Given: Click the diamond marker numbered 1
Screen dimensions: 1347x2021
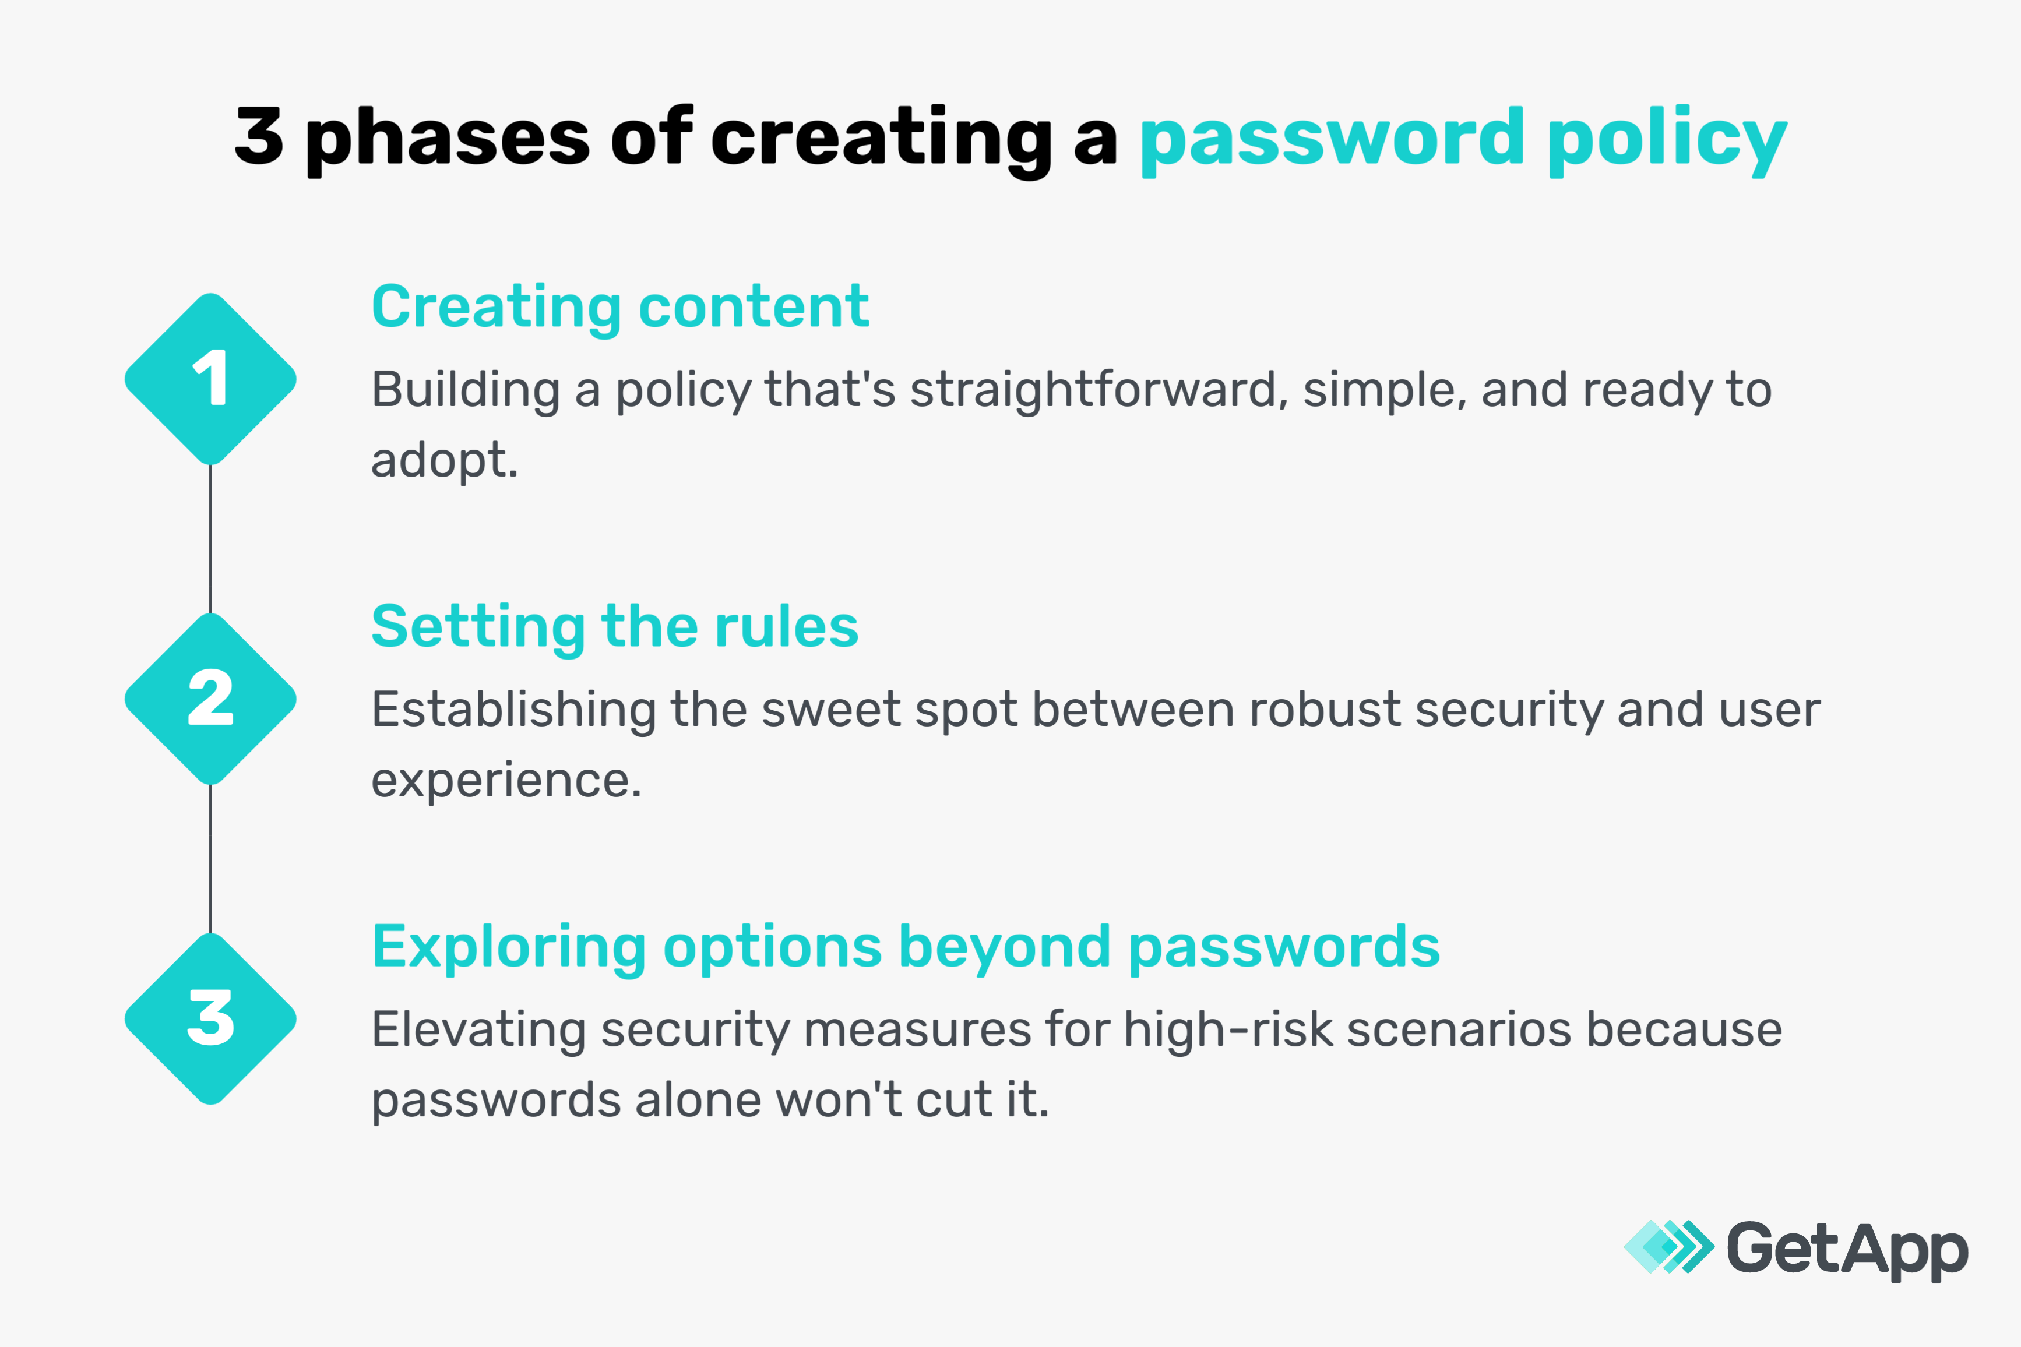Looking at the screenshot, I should coord(210,379).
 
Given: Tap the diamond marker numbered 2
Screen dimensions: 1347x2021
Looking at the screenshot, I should coord(210,699).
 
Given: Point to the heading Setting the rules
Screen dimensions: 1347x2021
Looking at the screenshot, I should coord(614,626).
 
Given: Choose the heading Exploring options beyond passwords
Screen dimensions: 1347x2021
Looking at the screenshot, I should coord(906,947).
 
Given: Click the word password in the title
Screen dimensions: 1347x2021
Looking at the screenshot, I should coord(1331,139).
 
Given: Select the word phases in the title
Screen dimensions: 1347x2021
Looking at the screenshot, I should coord(447,139).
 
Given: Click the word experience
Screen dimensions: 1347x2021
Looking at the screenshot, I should coord(505,781).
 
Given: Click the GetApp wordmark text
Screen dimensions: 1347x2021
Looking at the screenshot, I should coord(1847,1250).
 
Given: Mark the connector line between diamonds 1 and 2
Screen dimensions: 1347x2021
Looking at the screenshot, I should coord(210,539).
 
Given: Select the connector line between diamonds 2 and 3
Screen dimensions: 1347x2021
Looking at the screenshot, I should coord(210,859).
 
